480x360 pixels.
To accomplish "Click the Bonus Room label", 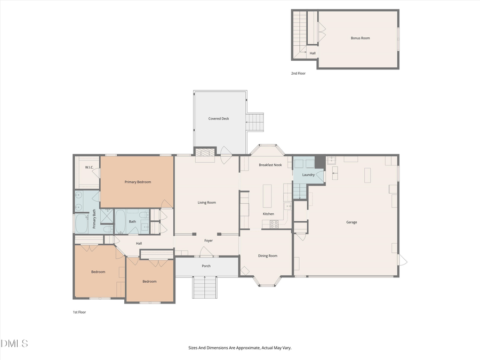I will click(360, 38).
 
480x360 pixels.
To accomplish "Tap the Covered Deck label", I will click(219, 118).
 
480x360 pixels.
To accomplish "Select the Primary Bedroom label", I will click(138, 182).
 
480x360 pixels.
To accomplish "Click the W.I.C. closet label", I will click(89, 167).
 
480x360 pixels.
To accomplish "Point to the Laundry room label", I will click(308, 174).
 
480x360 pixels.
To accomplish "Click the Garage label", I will click(351, 222).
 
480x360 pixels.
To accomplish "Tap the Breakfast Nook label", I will click(270, 165).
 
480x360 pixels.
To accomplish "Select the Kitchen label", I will click(268, 214).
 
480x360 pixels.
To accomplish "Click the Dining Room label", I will click(268, 255).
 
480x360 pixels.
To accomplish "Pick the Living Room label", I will click(206, 202).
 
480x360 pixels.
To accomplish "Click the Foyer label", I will click(209, 241).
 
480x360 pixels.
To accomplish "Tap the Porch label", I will click(206, 266).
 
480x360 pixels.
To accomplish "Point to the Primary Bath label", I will click(94, 219).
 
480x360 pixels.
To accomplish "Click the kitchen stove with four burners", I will click(274, 225).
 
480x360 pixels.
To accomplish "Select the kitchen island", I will click(267, 195).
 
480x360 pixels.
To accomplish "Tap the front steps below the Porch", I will click(206, 287).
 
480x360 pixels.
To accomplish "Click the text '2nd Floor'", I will click(299, 73).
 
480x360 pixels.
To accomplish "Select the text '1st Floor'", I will click(79, 312).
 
